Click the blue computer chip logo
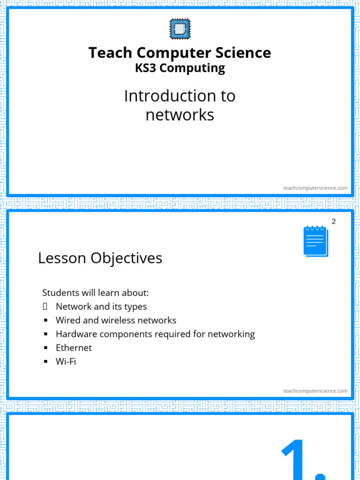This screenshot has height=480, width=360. click(180, 29)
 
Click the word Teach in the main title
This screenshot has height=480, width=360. click(108, 52)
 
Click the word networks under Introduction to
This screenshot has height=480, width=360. click(180, 114)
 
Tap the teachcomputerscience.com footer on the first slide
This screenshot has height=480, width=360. click(315, 188)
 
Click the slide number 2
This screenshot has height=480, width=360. click(334, 221)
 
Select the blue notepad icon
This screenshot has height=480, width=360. click(315, 241)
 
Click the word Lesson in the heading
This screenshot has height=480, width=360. click(62, 258)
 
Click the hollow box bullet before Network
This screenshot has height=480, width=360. click(45, 307)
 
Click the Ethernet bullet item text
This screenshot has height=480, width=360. click(74, 348)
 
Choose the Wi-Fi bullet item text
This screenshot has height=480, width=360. click(66, 361)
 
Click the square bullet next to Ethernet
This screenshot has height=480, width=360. click(46, 348)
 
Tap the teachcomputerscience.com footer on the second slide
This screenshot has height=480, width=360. click(315, 391)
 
